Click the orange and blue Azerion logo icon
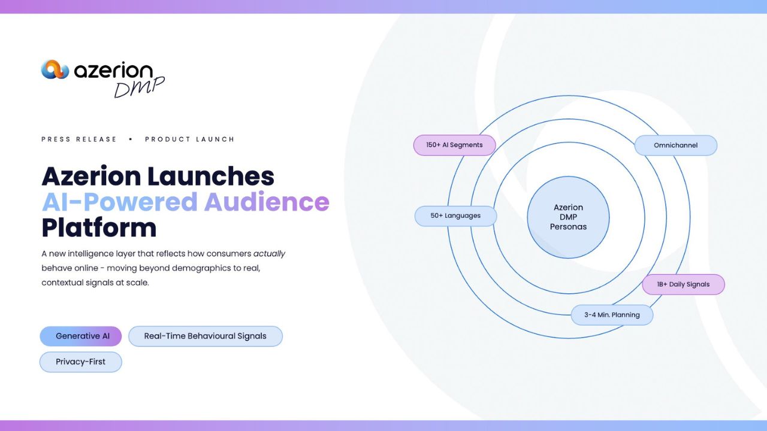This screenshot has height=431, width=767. coord(55,69)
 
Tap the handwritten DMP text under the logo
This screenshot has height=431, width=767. coord(139,87)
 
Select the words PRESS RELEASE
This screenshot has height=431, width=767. coord(78,139)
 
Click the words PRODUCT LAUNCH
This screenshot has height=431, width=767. coord(189,139)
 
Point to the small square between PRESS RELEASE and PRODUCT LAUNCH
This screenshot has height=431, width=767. coord(131,139)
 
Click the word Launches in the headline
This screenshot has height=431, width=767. coord(211,176)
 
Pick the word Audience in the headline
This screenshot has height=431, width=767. coord(267,202)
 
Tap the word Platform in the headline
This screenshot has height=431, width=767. coord(99,228)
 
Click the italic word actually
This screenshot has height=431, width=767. coord(269,254)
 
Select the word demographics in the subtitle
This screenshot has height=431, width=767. coord(201,268)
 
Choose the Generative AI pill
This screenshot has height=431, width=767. coord(81,336)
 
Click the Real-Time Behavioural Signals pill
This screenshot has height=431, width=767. coord(206,336)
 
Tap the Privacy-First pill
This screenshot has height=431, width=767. coord(81,362)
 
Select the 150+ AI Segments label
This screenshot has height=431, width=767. coord(455,145)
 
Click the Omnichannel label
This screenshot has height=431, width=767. coord(676,145)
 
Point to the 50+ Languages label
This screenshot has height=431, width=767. coord(456,216)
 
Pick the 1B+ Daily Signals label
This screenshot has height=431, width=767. coord(684,284)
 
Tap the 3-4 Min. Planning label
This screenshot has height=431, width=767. coord(612,315)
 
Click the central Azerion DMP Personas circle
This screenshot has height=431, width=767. coord(569,217)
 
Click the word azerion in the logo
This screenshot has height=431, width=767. coord(114,71)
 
